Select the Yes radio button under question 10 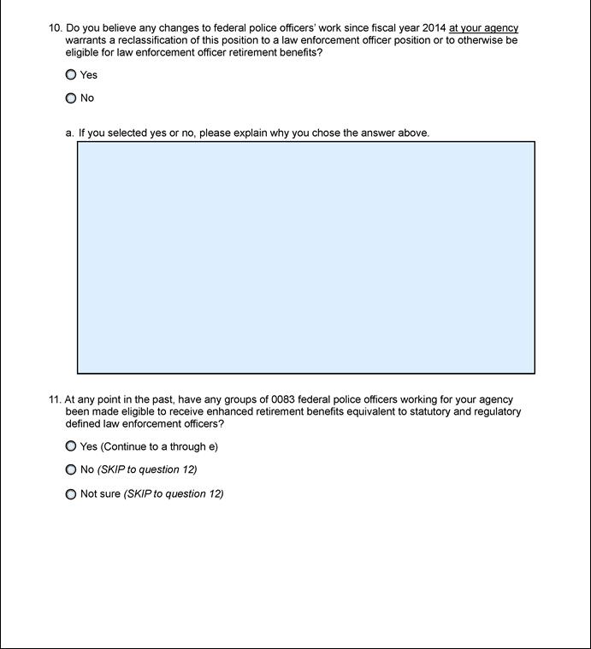[71, 74]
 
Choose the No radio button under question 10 [71, 98]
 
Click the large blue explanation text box [306, 257]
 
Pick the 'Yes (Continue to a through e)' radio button [71, 446]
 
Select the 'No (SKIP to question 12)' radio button [71, 469]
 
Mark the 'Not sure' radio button [71, 494]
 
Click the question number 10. [55, 28]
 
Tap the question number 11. [55, 399]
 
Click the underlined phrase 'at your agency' [483, 28]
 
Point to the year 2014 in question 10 [434, 28]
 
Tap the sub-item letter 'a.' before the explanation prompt [70, 133]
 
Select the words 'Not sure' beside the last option [100, 494]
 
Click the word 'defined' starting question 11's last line [84, 423]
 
